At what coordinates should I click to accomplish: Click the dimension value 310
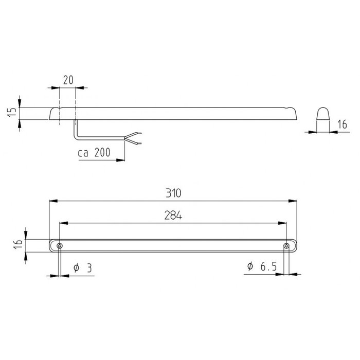(174, 193)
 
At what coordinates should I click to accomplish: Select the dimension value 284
(174, 216)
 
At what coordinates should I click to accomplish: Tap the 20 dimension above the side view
(67, 80)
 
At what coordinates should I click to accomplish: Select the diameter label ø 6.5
(262, 267)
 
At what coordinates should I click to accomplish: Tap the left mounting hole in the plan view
(60, 246)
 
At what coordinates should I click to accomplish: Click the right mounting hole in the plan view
(287, 246)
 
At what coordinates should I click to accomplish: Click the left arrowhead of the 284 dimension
(63, 223)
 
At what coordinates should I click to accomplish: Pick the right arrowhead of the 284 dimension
(284, 223)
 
